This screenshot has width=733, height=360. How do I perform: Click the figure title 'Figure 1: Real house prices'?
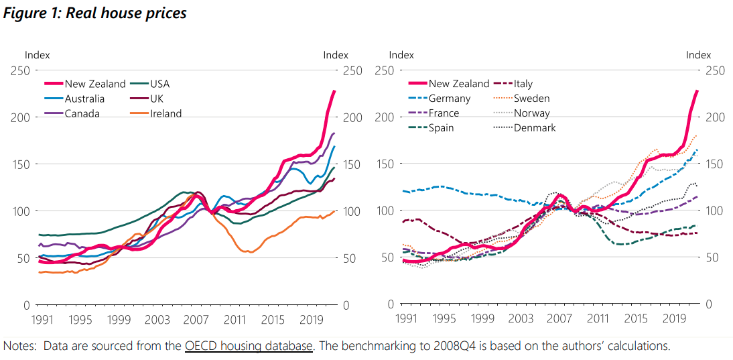(x=94, y=13)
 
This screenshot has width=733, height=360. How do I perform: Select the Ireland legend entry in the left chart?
(x=165, y=113)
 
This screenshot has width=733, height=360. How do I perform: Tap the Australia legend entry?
(x=84, y=99)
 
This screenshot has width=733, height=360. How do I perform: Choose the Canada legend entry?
(x=82, y=113)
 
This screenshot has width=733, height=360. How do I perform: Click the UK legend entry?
(x=157, y=99)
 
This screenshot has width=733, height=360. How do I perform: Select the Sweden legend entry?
(x=531, y=99)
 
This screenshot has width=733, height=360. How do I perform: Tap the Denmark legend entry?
(x=535, y=127)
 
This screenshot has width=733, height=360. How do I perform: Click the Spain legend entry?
(x=444, y=127)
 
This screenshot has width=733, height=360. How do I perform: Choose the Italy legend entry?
(x=523, y=84)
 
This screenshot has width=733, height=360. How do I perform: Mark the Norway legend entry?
(x=531, y=113)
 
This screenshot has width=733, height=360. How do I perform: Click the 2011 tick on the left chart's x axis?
(x=235, y=319)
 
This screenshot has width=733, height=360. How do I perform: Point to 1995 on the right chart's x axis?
(x=442, y=319)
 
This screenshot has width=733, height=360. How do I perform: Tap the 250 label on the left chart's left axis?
(x=19, y=71)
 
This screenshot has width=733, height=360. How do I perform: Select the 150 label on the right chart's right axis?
(x=706, y=164)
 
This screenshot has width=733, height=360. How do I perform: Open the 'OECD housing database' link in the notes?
(x=249, y=346)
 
